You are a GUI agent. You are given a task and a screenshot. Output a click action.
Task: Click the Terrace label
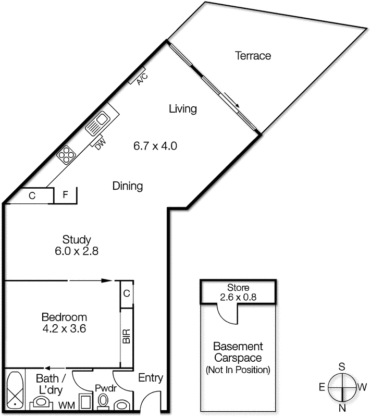[253, 56]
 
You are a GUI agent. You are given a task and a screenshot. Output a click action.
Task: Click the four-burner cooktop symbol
[67, 154]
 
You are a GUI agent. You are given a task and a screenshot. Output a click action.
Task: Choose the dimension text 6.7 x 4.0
[156, 146]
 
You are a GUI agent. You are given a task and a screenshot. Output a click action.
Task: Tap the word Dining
[128, 186]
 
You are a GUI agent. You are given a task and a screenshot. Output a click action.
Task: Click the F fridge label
[66, 196]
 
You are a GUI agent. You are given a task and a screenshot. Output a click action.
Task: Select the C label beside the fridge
[32, 196]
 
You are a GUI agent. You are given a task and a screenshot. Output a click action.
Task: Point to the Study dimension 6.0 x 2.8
[77, 251]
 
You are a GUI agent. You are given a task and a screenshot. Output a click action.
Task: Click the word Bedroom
[64, 317]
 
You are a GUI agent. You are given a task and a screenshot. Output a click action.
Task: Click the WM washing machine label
[66, 405]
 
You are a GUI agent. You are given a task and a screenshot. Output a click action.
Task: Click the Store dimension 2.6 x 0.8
[238, 298]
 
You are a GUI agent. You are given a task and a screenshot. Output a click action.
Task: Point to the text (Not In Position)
[238, 370]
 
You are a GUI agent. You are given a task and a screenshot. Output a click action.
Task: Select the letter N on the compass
[342, 408]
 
